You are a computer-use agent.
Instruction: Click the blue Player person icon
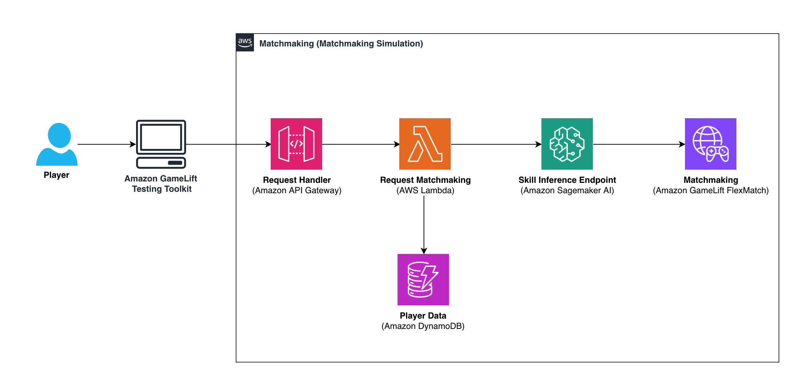(57, 144)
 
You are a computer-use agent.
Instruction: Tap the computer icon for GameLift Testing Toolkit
(161, 144)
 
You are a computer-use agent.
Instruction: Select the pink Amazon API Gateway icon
(296, 144)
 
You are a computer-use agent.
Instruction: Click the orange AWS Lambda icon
(425, 144)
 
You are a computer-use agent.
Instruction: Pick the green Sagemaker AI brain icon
(567, 144)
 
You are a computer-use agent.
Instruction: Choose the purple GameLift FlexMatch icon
(711, 144)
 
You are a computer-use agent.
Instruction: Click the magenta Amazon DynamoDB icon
(423, 280)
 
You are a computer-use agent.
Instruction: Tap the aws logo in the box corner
(245, 42)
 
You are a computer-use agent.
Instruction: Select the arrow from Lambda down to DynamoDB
(424, 225)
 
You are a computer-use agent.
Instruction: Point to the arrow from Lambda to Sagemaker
(496, 144)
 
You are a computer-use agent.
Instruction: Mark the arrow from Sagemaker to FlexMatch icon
(639, 144)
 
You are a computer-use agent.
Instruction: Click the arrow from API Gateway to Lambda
(361, 144)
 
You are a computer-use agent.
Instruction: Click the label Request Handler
(297, 180)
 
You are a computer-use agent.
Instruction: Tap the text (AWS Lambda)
(425, 190)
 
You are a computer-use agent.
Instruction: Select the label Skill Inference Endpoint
(567, 180)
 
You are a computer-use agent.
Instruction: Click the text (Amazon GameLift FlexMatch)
(711, 190)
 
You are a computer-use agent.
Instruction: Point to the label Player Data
(423, 316)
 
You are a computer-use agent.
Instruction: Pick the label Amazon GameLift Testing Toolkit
(161, 184)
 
